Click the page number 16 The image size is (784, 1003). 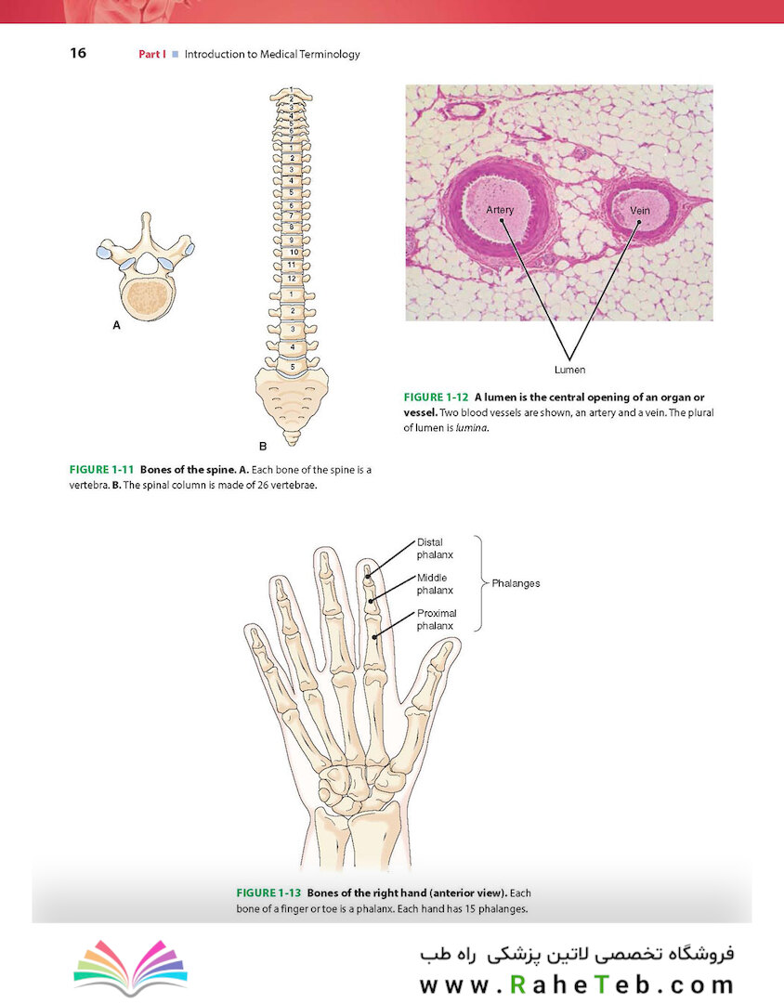click(x=78, y=53)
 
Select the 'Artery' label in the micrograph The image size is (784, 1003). click(x=500, y=210)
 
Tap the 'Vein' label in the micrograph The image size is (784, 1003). click(x=639, y=211)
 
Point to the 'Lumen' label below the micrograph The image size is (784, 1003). click(x=570, y=370)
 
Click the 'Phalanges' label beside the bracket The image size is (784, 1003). click(x=516, y=584)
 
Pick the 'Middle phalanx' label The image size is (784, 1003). click(x=435, y=584)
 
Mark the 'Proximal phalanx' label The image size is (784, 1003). click(x=437, y=619)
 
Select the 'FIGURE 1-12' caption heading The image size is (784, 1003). click(x=436, y=397)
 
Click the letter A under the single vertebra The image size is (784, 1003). click(x=116, y=326)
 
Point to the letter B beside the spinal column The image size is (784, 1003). click(x=263, y=446)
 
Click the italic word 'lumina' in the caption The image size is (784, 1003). click(x=473, y=428)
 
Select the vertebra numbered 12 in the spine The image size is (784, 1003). click(x=292, y=278)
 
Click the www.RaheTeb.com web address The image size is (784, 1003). click(x=576, y=983)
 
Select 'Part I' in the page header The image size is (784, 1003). click(x=151, y=54)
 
